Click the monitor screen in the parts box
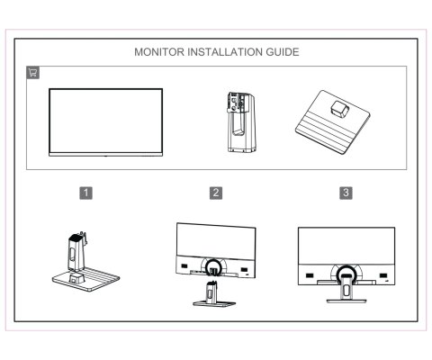point(105,121)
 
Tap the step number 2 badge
point(216,192)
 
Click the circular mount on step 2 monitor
point(215,266)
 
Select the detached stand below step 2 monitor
point(214,295)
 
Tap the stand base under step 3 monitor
point(346,299)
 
